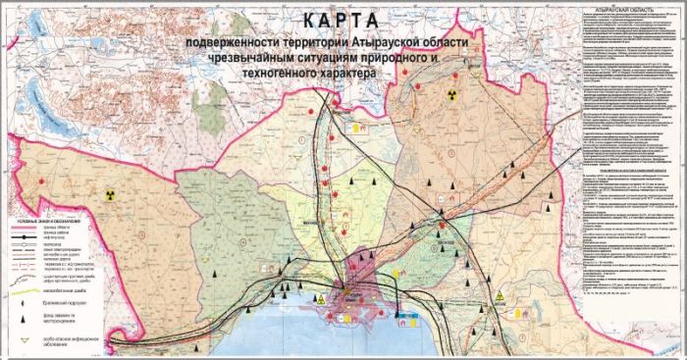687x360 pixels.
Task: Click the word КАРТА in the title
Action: point(340,22)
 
